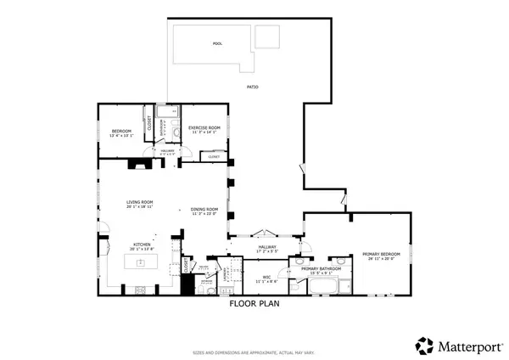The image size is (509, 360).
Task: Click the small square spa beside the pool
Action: click(267, 37)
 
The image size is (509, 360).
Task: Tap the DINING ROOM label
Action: click(204, 210)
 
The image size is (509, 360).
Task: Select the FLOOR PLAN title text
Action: click(255, 302)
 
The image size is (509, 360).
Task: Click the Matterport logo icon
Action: click(424, 345)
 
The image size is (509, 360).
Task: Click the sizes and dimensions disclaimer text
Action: click(255, 351)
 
